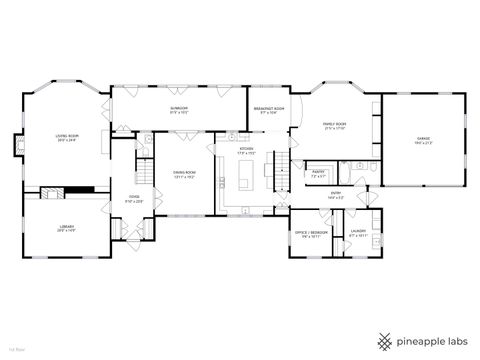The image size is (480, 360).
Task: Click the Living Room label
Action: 67,138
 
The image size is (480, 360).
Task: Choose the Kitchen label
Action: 247,151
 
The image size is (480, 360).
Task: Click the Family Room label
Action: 335,126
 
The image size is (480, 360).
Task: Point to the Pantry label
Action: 319,174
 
